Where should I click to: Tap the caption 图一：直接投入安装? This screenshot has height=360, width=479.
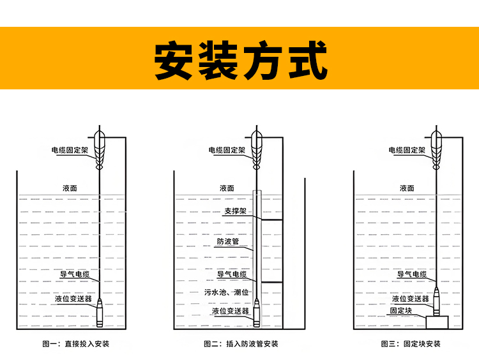(x=75, y=344)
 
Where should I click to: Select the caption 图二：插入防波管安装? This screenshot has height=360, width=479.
(x=241, y=344)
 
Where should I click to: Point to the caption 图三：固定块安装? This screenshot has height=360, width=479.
(x=411, y=344)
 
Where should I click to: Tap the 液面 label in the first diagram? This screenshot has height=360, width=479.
(x=70, y=188)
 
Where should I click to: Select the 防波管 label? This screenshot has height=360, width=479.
(x=227, y=242)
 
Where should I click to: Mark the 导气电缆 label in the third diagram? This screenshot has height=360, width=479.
(x=413, y=274)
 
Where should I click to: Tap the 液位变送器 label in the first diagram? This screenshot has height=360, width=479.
(x=74, y=299)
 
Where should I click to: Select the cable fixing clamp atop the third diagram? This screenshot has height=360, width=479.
(x=437, y=146)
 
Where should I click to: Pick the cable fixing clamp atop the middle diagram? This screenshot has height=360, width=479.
(x=257, y=146)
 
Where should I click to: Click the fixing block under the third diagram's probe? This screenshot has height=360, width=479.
(x=437, y=323)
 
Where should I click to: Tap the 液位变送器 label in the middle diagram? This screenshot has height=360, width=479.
(x=230, y=311)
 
